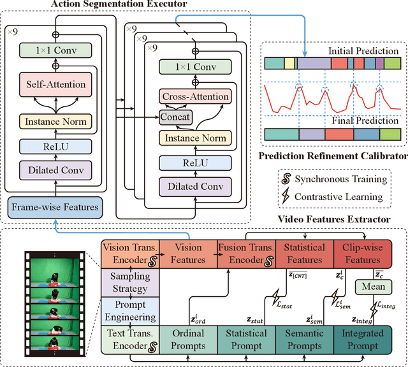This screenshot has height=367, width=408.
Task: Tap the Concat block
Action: (x=176, y=117)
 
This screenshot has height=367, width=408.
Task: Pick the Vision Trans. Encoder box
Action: (x=129, y=254)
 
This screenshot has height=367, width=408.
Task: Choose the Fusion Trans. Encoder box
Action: (x=245, y=254)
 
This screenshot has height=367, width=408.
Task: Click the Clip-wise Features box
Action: (x=362, y=254)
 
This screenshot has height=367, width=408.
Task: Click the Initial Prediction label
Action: (x=354, y=50)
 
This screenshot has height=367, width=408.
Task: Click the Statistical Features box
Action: (x=304, y=254)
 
